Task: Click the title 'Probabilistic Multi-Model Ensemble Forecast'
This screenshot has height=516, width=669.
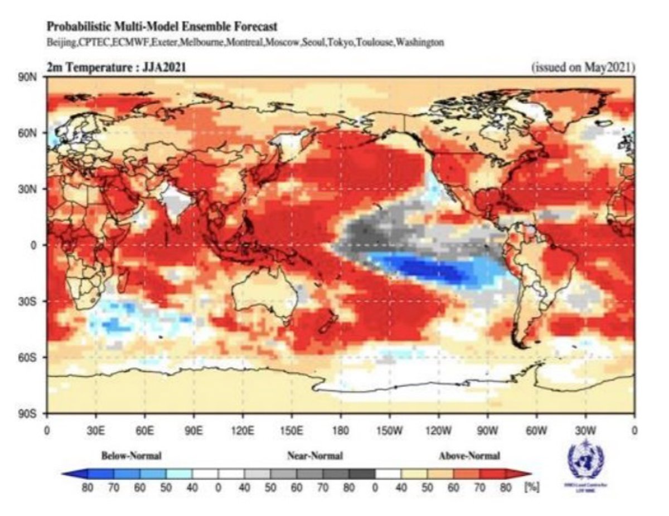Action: coord(162,26)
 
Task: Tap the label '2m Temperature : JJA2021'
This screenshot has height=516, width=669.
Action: coord(116,67)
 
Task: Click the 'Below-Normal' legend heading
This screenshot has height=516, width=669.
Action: coord(132,456)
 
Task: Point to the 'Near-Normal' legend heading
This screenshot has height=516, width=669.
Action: coord(315,456)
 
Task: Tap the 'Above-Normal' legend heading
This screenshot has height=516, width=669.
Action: coord(469,456)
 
